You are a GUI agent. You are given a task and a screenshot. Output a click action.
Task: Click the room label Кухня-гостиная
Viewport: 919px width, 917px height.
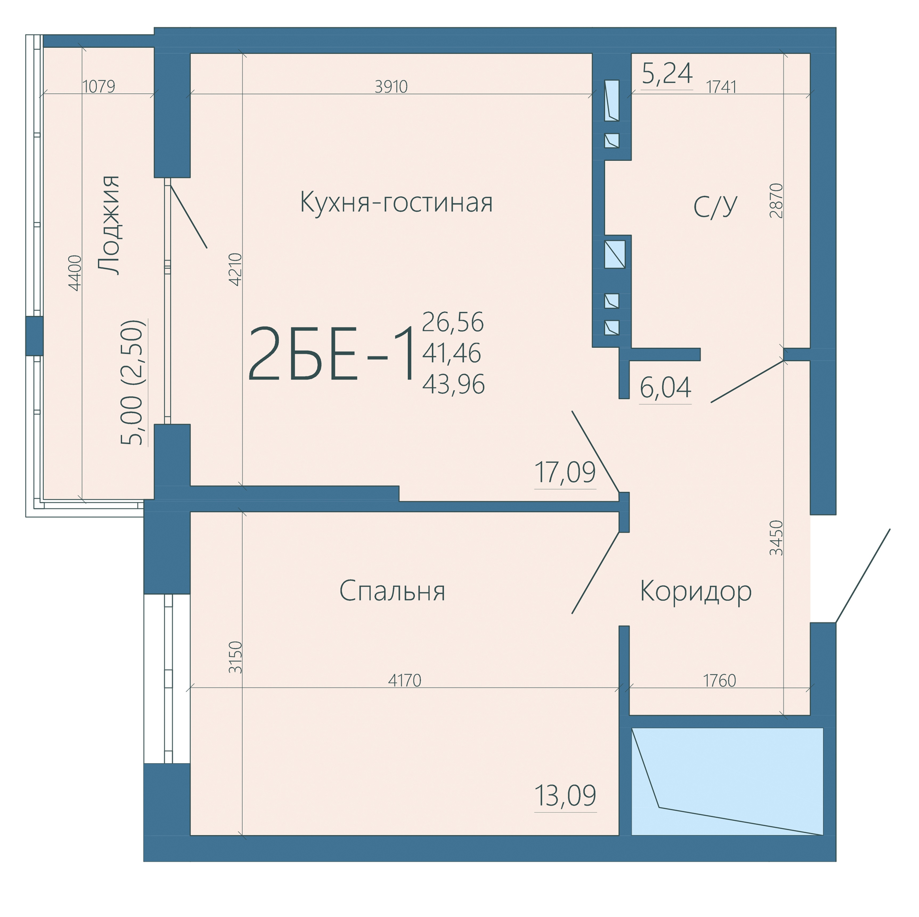[x=396, y=202]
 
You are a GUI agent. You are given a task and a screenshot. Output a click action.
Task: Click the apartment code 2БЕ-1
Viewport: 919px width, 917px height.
[x=330, y=354]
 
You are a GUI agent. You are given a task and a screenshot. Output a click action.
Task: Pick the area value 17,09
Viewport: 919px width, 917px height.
[x=565, y=472]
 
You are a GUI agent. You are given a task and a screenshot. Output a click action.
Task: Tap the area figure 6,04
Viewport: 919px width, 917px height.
[x=665, y=388]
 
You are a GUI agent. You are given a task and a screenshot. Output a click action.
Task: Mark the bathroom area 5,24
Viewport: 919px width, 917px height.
[x=667, y=73]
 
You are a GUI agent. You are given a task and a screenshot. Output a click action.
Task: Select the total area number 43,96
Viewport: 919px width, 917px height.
[x=453, y=384]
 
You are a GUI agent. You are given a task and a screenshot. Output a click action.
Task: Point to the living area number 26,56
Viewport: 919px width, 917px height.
[x=453, y=322]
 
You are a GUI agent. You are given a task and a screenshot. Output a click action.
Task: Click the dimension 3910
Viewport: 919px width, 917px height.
[x=391, y=87]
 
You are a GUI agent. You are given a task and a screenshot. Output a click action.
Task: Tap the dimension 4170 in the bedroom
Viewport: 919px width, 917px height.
[x=404, y=680]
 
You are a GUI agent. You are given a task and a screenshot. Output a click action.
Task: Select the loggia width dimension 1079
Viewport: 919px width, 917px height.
[x=99, y=87]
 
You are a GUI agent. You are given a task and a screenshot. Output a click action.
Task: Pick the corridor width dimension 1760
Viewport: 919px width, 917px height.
[x=719, y=680]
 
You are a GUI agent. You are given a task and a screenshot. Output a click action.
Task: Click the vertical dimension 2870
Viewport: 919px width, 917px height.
[x=776, y=201]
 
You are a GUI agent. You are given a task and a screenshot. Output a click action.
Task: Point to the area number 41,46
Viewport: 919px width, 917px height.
[x=451, y=353]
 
